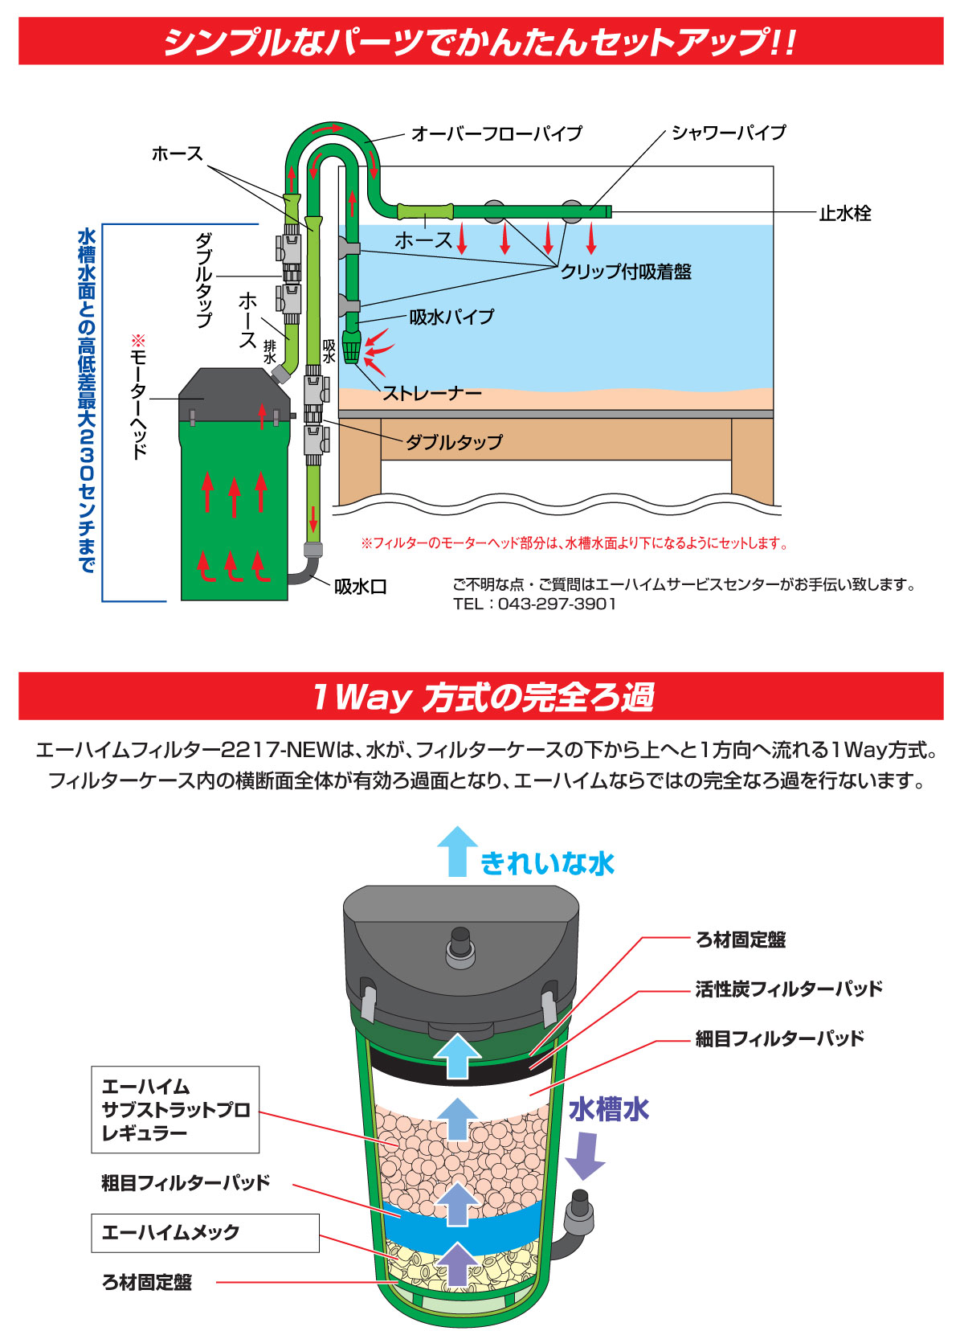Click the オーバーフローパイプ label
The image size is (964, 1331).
pos(496,133)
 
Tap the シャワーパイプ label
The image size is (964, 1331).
pos(728,133)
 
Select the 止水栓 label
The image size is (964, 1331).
pos(844,213)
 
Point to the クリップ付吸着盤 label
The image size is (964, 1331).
pos(626,272)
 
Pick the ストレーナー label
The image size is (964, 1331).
pos(431,393)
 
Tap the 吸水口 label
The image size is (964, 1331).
pos(360,587)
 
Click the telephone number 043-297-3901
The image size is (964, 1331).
pos(557,604)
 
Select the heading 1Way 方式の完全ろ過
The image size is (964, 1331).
pos(482,696)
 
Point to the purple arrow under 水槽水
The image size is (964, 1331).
pos(585,1154)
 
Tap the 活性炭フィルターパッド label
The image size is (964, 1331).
pos(788,989)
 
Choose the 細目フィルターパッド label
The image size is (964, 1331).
pos(779,1038)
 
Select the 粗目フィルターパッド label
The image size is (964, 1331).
pos(186,1182)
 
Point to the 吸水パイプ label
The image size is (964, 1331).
pos(451,317)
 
